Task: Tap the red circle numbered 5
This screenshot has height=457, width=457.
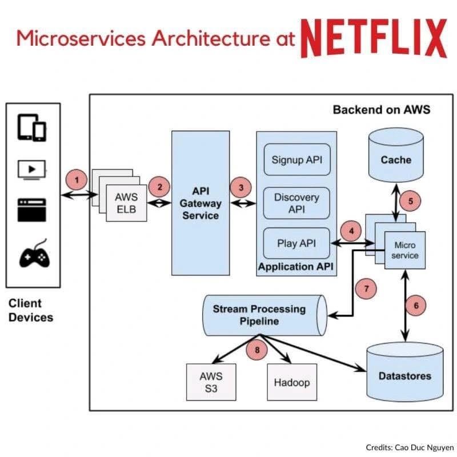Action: tap(410, 201)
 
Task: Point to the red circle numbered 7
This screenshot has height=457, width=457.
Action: tap(366, 288)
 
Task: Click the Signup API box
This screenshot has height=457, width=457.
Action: tap(296, 159)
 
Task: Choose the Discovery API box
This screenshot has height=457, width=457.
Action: tap(296, 203)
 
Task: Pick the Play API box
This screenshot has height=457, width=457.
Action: tap(296, 243)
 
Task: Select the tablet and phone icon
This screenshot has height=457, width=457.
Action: tap(33, 128)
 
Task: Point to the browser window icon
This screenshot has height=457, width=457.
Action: tap(33, 210)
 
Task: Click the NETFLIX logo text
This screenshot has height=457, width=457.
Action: tap(374, 38)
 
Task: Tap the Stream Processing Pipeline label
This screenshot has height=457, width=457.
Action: tap(259, 315)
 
